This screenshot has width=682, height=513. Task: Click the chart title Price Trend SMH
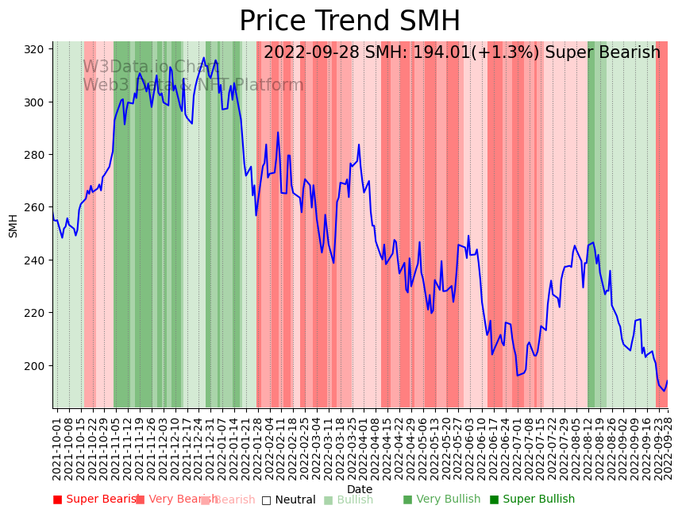point(349,21)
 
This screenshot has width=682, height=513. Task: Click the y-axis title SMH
point(13,226)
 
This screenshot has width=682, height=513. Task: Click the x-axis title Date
point(360,489)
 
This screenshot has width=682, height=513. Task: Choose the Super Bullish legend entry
point(538,499)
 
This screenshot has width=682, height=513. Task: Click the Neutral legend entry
point(295,500)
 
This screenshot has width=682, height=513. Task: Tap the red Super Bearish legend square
point(57,499)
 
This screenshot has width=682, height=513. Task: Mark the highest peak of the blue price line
point(204,57)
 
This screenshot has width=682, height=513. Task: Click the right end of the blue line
point(667,380)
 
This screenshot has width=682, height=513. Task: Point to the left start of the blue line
point(53,213)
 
